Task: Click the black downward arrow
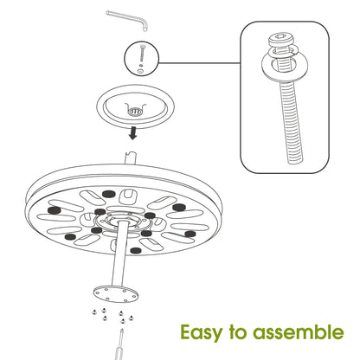(132, 133)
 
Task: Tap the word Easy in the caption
(201, 332)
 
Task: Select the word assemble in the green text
(299, 331)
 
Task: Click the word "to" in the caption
(237, 332)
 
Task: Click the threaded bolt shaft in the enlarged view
(292, 121)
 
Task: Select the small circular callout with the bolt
(141, 59)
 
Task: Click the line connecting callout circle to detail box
(199, 62)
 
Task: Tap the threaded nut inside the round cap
(134, 112)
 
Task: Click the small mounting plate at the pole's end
(116, 293)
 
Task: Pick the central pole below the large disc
(120, 254)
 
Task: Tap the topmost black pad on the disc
(108, 194)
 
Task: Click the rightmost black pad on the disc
(190, 234)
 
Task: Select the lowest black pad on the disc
(135, 250)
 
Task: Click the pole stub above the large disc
(132, 158)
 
